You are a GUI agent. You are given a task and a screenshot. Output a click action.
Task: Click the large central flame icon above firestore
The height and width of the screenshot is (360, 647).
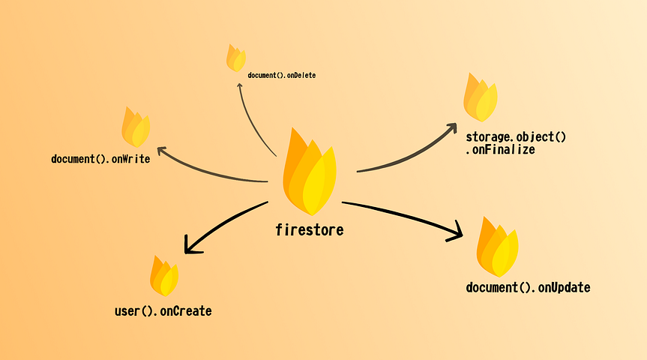[x=310, y=172]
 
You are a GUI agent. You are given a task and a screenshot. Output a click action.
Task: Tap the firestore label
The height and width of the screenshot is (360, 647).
[x=310, y=230]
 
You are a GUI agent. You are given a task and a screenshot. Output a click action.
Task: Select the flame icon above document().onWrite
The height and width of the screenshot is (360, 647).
[x=136, y=127]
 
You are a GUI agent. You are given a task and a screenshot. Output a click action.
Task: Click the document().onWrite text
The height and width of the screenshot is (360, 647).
[x=100, y=159]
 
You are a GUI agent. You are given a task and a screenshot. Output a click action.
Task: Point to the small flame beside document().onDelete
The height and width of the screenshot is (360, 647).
[x=236, y=58]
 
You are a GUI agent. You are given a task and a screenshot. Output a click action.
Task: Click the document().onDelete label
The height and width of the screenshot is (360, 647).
[x=282, y=75]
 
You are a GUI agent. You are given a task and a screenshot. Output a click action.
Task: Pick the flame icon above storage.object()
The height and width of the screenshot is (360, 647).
[x=481, y=97]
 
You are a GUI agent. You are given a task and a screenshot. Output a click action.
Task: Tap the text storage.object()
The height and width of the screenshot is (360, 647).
[x=516, y=136]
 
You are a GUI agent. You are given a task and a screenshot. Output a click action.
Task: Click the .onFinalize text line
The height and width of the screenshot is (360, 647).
[x=501, y=149]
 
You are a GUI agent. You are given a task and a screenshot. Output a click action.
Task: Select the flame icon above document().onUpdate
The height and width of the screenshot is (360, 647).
[x=498, y=247]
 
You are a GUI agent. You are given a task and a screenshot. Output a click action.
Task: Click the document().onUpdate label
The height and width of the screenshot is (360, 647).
[x=528, y=287]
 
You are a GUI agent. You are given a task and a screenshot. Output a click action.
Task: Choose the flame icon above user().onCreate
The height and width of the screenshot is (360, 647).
[x=164, y=276]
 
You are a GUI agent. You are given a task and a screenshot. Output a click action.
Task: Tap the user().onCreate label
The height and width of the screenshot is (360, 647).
[x=163, y=310]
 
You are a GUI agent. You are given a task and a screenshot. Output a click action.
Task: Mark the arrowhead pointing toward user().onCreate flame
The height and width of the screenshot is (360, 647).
[x=190, y=246]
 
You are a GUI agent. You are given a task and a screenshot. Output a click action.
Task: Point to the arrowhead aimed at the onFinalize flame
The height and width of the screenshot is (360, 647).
[x=451, y=127]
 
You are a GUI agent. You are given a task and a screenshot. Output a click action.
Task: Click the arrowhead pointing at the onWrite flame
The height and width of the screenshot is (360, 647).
[x=162, y=150]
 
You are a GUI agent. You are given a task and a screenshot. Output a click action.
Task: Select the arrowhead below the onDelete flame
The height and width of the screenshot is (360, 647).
[x=239, y=85]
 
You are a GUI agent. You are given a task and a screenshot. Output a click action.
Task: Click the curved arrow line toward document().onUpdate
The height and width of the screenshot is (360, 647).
[x=403, y=215]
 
